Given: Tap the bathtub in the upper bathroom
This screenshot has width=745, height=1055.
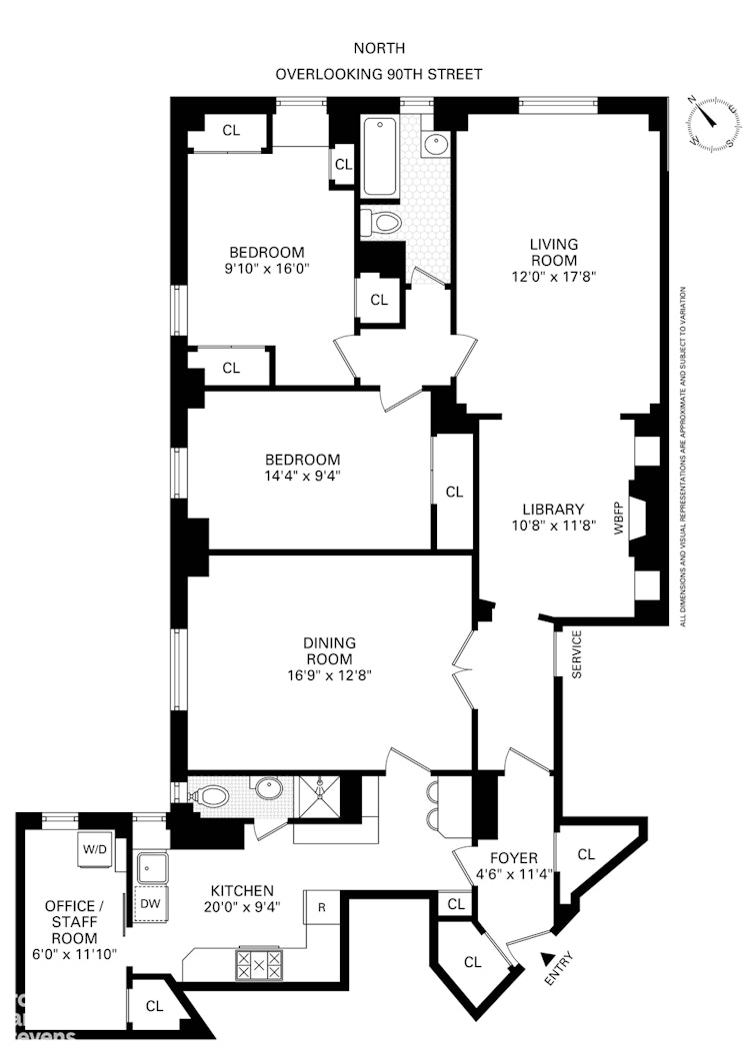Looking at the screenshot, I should [380, 158].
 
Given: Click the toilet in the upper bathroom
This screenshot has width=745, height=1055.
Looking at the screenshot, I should [381, 221].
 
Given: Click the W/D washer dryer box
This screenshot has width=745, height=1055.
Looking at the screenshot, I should [95, 849].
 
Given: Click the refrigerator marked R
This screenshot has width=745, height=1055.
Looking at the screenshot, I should [322, 907].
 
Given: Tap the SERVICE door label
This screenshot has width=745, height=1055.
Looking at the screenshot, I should [577, 654].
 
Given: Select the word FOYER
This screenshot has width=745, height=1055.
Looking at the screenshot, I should [514, 857].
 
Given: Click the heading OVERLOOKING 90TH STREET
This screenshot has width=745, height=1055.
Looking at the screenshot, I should [380, 74].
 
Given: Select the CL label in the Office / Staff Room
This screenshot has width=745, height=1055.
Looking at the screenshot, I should [154, 1006].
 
